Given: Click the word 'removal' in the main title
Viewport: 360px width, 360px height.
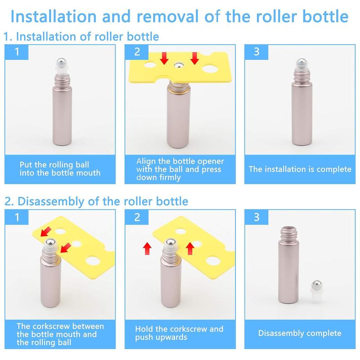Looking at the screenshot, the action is [167, 17].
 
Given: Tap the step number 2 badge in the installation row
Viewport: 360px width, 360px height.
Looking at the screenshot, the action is [137, 52].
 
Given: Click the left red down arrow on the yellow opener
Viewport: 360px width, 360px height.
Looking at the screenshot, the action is [164, 58].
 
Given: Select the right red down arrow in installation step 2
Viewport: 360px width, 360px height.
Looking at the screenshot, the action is [194, 58].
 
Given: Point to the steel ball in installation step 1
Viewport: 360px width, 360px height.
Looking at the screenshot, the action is [61, 62].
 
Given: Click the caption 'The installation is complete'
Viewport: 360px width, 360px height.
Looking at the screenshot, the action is [300, 169].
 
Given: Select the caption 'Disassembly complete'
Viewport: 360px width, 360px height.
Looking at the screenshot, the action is [300, 333].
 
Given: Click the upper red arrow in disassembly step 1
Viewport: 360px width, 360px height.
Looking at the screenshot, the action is [46, 231].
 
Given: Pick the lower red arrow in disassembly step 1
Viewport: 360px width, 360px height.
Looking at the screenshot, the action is [66, 247].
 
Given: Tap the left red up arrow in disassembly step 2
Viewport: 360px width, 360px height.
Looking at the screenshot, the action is [147, 249].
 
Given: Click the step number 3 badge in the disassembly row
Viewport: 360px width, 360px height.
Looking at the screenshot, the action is [256, 217].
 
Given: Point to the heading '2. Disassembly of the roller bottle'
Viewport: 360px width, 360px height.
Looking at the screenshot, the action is [96, 201].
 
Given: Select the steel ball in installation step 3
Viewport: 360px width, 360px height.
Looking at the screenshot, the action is [301, 63].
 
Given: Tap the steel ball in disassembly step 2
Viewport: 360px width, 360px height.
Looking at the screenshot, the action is [171, 243].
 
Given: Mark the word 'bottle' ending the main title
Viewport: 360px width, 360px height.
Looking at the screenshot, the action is [325, 17].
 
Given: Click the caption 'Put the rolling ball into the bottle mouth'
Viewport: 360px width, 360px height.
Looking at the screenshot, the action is [60, 169].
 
